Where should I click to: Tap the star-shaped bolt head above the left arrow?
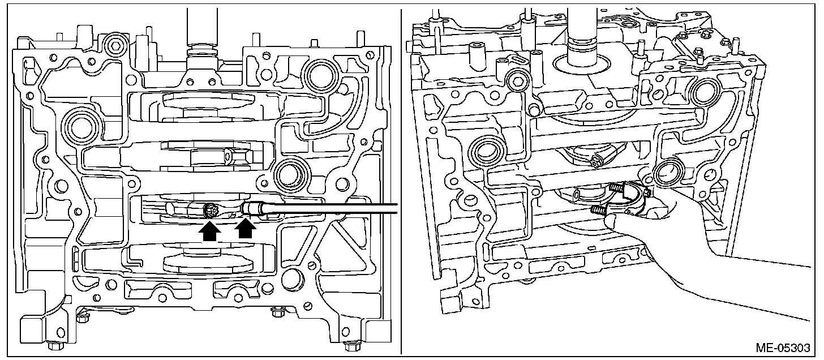pos(209,210)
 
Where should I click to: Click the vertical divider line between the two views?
pos(401,181)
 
